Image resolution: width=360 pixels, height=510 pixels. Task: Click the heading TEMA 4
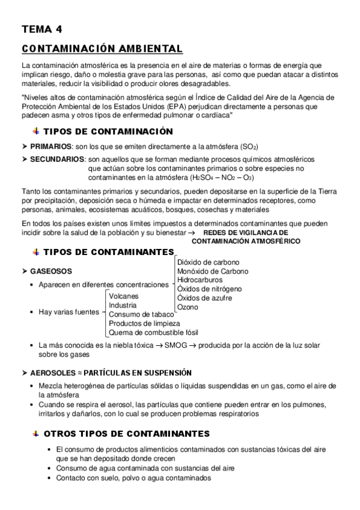click(x=41, y=29)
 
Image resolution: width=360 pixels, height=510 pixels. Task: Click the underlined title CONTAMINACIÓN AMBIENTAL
click(x=102, y=48)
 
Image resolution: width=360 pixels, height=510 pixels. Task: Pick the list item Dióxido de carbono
click(x=208, y=262)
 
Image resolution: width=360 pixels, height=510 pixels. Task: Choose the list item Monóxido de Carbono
click(x=212, y=271)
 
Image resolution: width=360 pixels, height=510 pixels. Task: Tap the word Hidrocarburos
click(x=201, y=280)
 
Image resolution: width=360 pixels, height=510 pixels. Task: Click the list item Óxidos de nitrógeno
click(x=209, y=289)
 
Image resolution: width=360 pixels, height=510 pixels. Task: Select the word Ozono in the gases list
click(x=188, y=307)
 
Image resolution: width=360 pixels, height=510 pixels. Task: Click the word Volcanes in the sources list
click(x=124, y=296)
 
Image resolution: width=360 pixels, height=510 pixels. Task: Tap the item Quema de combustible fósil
click(x=154, y=332)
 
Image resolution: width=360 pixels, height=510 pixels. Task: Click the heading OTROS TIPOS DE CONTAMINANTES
click(x=127, y=434)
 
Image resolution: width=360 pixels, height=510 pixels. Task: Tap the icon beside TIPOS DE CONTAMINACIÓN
click(x=35, y=131)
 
